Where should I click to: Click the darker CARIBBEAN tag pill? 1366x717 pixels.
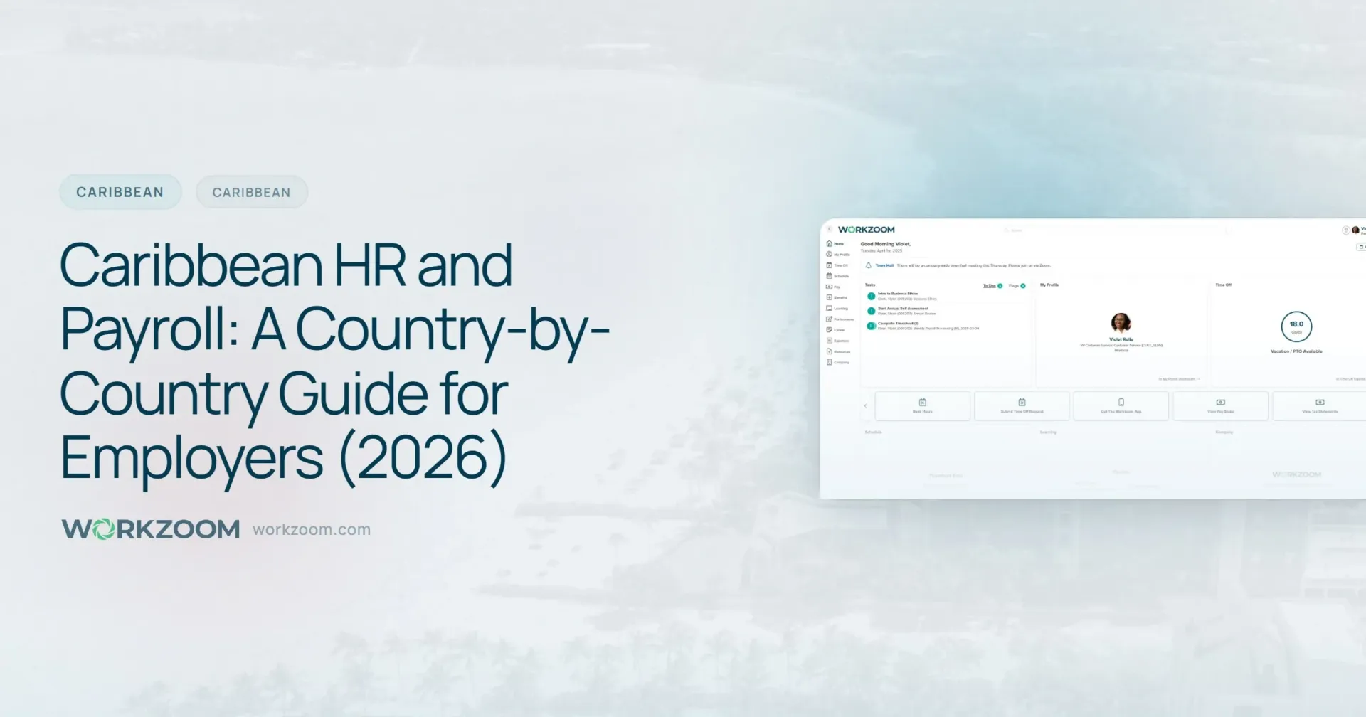click(x=120, y=192)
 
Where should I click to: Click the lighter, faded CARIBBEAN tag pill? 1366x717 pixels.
click(x=251, y=193)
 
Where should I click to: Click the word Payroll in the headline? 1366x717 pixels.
click(x=147, y=329)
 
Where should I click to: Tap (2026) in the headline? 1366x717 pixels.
click(x=423, y=457)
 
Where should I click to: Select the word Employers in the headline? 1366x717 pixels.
click(x=191, y=457)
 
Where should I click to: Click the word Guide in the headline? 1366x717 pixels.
click(x=353, y=393)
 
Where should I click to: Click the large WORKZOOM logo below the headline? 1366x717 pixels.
click(x=151, y=529)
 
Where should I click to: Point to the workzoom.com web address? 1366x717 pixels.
click(x=312, y=530)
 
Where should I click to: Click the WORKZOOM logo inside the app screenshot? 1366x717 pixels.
click(x=866, y=230)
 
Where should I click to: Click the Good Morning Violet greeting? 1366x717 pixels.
click(x=885, y=244)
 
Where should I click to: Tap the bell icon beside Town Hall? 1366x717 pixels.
click(x=868, y=265)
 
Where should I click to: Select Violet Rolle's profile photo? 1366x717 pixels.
click(x=1121, y=323)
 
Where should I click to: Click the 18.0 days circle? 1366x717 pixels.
click(x=1296, y=326)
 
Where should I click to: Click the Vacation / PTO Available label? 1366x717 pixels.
click(x=1296, y=351)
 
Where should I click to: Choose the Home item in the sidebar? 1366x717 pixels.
click(x=835, y=243)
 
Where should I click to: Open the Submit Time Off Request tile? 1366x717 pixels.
click(x=1022, y=405)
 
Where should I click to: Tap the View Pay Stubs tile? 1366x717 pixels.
click(x=1220, y=405)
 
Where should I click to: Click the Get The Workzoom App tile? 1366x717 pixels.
click(x=1121, y=405)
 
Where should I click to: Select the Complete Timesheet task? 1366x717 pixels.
click(x=898, y=324)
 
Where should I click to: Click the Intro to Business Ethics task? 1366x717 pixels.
click(x=897, y=294)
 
